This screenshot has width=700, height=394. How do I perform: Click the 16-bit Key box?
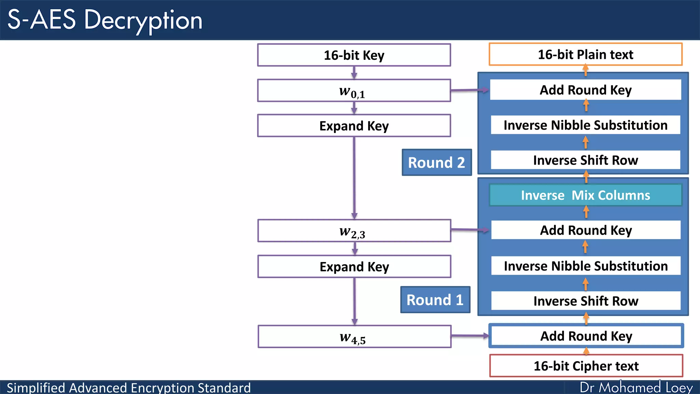click(354, 55)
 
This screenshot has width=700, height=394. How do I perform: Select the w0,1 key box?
click(354, 91)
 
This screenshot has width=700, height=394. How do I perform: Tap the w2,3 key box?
click(354, 231)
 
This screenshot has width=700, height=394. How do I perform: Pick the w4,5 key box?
click(354, 337)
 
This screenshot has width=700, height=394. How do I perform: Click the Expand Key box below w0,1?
click(354, 126)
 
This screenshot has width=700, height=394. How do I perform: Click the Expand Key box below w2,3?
click(354, 266)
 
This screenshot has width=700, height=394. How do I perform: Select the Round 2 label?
click(436, 162)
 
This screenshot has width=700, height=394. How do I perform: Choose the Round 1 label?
click(435, 300)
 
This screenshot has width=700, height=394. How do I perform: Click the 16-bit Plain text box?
click(585, 54)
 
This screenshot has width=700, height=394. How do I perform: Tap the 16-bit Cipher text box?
click(586, 366)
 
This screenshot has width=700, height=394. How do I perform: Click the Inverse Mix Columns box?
click(585, 195)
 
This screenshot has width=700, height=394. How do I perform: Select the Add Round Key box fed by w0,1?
click(585, 90)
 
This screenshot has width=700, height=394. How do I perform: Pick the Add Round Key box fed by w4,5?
click(586, 336)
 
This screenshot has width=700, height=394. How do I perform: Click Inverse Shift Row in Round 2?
click(585, 160)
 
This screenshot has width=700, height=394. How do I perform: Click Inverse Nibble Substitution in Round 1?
click(586, 266)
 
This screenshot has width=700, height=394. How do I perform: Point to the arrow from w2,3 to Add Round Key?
click(470, 230)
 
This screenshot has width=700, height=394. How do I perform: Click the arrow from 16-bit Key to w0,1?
click(354, 73)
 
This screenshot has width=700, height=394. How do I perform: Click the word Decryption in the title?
click(143, 20)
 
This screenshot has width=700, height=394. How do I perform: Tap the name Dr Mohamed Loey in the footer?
click(636, 388)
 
